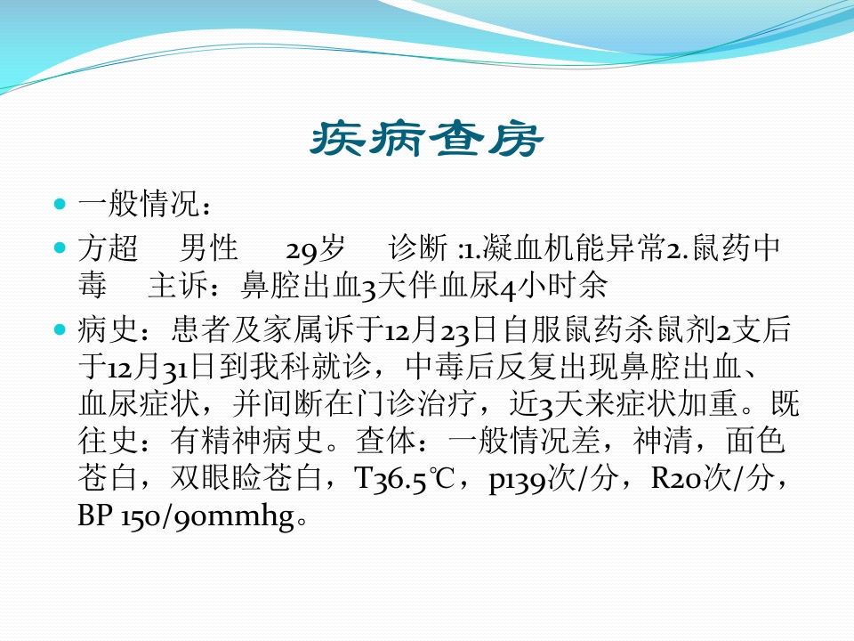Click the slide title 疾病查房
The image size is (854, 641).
point(425,141)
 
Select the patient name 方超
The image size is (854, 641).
point(109,247)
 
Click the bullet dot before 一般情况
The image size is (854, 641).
point(60,205)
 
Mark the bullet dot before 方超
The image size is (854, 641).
point(60,247)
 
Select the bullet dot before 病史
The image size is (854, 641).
point(60,330)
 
